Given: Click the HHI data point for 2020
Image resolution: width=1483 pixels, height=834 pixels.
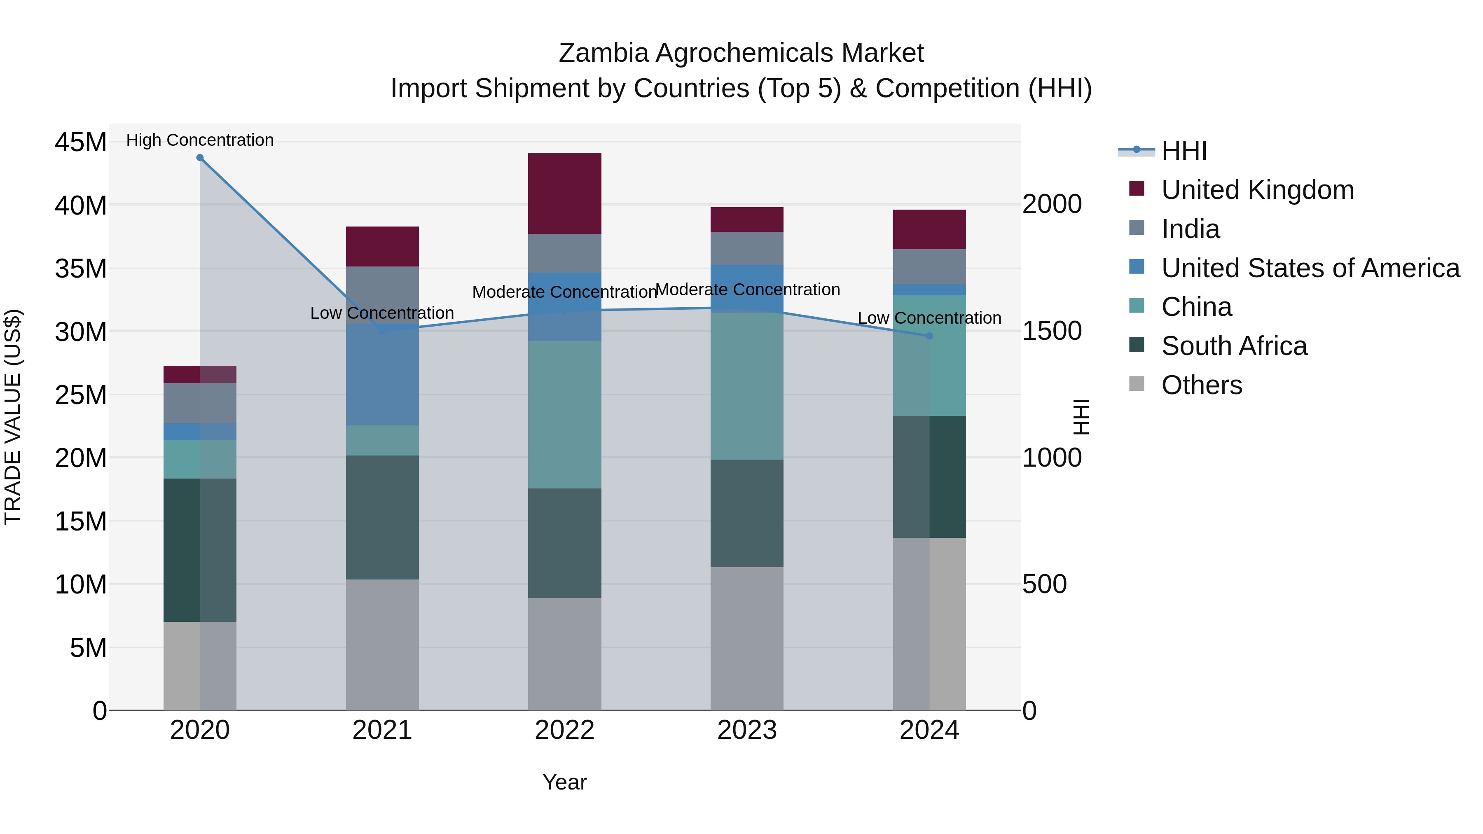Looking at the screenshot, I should coord(200,158).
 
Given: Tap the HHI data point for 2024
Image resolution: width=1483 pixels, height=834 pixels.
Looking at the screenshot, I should coord(929,336).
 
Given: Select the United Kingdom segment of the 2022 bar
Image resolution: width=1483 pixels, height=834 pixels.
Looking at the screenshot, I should coord(564,194).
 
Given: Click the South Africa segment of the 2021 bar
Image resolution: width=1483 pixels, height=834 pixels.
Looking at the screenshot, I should coord(382,517).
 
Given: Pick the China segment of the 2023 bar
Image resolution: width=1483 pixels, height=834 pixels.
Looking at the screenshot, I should coord(747,385).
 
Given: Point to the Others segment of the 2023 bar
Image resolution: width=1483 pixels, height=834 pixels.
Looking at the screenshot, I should coord(747,638).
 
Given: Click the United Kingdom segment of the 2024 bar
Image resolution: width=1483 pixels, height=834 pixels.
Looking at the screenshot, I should coord(929,230).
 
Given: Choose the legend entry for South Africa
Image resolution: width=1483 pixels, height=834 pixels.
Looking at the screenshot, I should coord(1234,346).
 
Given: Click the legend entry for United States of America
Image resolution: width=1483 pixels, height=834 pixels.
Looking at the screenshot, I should coord(1310,268).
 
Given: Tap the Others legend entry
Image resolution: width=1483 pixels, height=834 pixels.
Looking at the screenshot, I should coord(1202,385).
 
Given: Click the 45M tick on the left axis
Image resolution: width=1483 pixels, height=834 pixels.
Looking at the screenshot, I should coord(81,142).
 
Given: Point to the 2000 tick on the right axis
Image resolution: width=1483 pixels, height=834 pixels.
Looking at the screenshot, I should coord(1052,204).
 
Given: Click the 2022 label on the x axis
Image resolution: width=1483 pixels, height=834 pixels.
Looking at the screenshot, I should coord(564,730).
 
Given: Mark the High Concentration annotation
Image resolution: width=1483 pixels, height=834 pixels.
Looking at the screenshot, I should coord(200,140).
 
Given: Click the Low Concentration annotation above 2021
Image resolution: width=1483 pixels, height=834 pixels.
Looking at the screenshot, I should coord(382,313).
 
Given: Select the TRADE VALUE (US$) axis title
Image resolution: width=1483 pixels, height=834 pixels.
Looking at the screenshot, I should coord(13,417).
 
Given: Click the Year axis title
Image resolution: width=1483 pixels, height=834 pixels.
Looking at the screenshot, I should coord(564,782).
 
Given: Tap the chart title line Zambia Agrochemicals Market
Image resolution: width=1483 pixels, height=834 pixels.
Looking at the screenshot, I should coord(741,53).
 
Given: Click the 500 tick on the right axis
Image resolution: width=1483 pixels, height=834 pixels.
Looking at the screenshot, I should coord(1044,584).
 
